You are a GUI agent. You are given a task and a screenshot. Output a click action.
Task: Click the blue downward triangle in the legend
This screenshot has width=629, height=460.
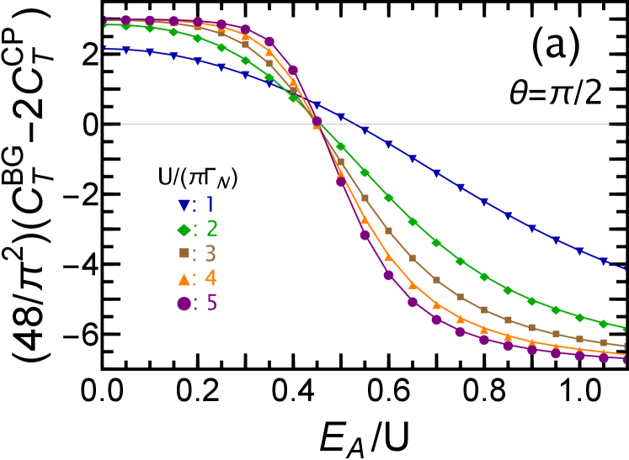click(184, 205)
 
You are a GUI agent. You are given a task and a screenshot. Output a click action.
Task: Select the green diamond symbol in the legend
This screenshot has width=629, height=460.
click(184, 229)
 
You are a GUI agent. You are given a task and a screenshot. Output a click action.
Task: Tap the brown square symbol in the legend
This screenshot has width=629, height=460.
click(184, 253)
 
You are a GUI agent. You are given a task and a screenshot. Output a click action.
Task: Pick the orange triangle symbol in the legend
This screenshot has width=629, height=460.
click(184, 278)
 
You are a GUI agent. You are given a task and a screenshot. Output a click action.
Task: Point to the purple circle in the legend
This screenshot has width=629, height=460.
click(184, 303)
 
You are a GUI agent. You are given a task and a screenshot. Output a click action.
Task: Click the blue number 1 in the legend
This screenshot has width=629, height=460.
click(210, 204)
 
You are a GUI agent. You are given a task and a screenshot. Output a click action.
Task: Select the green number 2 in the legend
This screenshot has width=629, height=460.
click(211, 229)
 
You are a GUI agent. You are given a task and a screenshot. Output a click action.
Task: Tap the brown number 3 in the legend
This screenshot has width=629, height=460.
click(211, 253)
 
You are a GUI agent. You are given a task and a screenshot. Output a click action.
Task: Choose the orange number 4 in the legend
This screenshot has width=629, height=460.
click(211, 278)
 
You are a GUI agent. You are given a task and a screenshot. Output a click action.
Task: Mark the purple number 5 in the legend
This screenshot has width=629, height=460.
click(211, 303)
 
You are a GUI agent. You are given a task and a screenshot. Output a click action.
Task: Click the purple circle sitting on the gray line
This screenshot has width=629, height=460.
click(317, 122)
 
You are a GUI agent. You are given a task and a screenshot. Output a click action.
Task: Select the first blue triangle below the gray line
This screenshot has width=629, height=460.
click(365, 130)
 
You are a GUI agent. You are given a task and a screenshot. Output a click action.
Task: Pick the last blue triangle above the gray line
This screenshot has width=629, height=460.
click(341, 117)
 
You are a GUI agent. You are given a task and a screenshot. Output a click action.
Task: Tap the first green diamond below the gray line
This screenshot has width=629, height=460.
click(341, 147)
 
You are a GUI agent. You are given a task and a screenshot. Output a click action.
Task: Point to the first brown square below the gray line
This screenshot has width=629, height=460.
click(341, 161)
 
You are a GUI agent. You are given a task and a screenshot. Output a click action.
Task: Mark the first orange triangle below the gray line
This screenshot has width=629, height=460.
click(341, 175)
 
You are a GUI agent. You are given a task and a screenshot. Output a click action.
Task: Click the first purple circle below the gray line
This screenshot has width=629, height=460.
click(341, 182)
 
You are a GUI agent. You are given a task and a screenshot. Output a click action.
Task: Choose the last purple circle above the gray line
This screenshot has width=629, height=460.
click(293, 71)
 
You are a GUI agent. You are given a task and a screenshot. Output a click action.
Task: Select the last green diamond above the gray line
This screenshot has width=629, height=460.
click(293, 98)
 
